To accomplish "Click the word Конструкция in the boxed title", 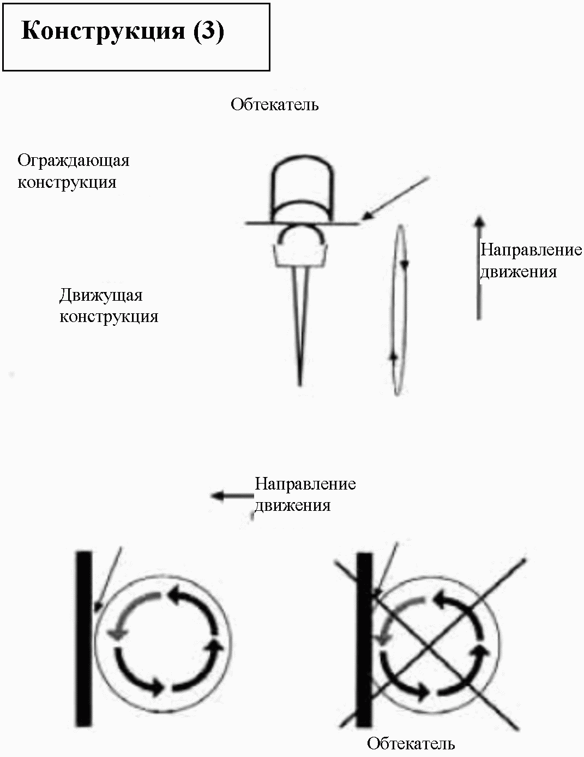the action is click(103, 31).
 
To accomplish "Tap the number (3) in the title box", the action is click(209, 31).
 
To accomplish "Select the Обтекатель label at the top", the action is click(275, 104).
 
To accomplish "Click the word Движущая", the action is click(101, 296).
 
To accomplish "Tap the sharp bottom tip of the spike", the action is click(300, 385).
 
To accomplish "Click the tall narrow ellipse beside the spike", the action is click(406, 310).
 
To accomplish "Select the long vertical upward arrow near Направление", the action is click(479, 267).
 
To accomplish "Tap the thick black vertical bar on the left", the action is click(84, 639).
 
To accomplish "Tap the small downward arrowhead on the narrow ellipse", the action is click(405, 265).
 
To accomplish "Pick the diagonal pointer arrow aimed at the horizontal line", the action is click(395, 198).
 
